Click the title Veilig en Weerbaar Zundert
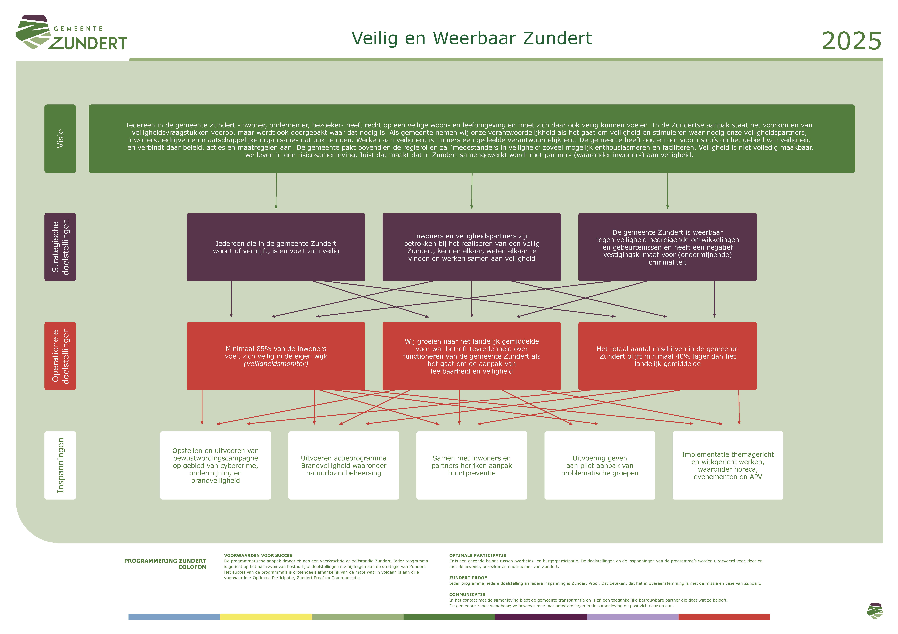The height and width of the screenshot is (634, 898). click(472, 38)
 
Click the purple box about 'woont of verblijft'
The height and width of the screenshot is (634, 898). click(276, 247)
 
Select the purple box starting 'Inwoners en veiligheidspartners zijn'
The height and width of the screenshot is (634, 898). click(472, 247)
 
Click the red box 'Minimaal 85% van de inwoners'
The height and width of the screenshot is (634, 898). click(276, 356)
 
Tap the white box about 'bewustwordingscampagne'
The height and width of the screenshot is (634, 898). click(216, 465)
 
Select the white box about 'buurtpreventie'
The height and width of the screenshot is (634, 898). click(472, 465)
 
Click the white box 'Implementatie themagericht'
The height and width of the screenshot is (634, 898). click(728, 465)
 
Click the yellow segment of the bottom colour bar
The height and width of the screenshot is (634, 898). click(266, 617)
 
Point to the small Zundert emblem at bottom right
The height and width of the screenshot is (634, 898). click(875, 611)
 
